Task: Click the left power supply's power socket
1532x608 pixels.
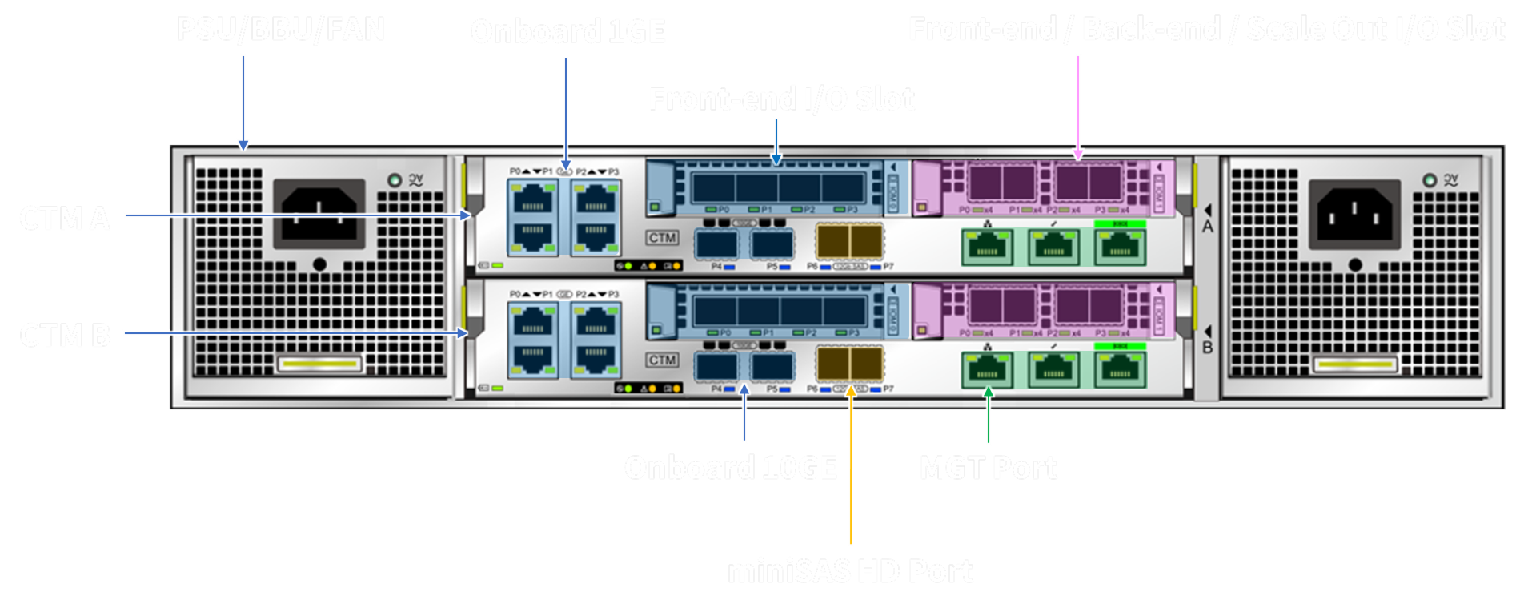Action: coord(319,214)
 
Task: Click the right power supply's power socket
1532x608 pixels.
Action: coord(1354,214)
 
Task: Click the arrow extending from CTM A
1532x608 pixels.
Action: coord(296,215)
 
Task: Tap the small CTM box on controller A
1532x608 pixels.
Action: coord(662,238)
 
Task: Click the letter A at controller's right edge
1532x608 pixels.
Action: coord(1207,227)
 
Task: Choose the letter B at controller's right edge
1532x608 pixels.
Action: coord(1207,348)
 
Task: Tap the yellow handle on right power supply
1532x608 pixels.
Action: coord(1354,365)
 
